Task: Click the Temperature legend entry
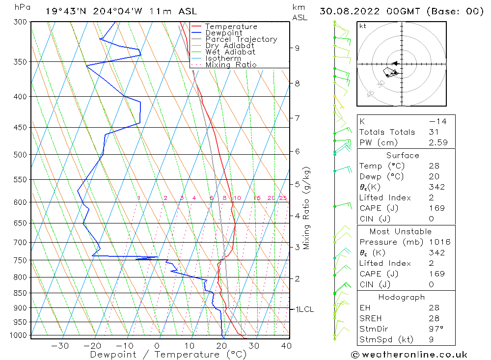(231, 27)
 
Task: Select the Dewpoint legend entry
(223, 33)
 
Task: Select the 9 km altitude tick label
(297, 48)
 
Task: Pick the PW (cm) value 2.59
(437, 142)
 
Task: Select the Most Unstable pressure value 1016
(437, 242)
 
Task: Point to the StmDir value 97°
(436, 329)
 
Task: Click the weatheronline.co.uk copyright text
(409, 354)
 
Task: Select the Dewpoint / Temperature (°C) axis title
(168, 355)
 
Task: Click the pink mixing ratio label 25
(283, 198)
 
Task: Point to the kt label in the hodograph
(363, 26)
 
